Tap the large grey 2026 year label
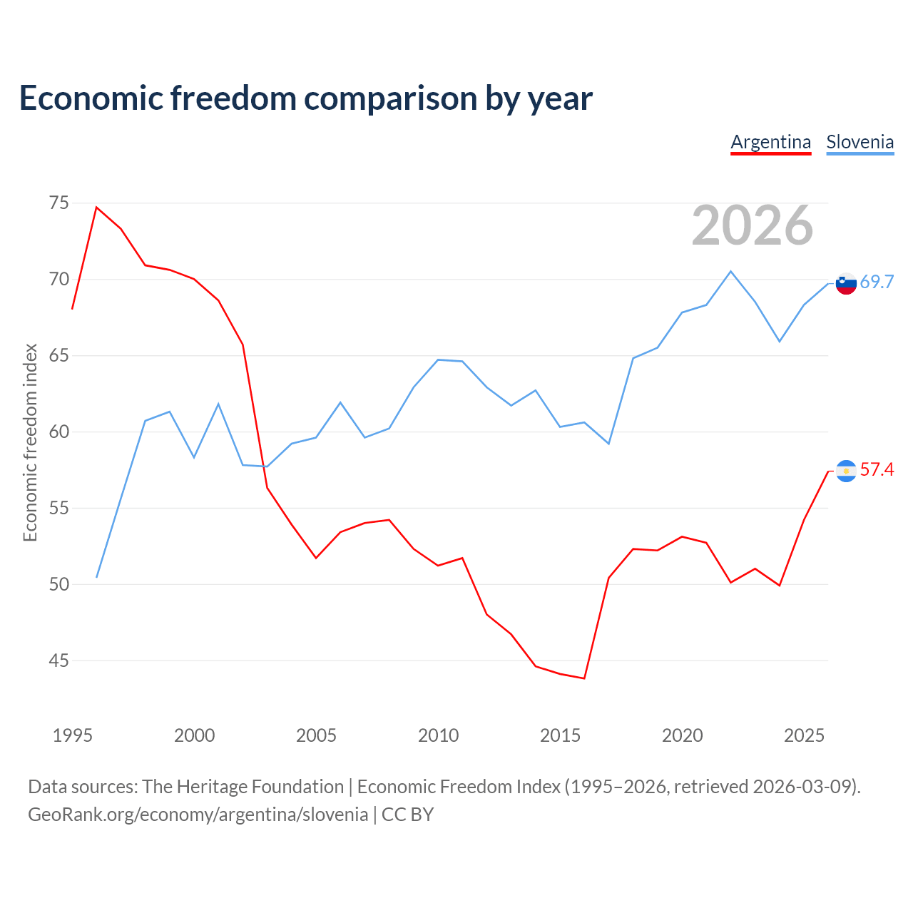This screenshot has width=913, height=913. point(753,225)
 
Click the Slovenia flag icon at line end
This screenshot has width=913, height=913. point(846,283)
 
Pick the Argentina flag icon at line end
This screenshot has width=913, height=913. point(846,471)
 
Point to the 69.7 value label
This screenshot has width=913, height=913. point(877,282)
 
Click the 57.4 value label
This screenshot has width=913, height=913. point(877,469)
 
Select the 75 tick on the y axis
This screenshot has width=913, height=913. point(58,203)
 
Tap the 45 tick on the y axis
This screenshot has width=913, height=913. point(58,660)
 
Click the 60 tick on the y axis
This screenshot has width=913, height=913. point(58,432)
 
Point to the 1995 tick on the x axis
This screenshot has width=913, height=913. point(73,736)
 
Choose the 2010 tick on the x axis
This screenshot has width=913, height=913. point(438,736)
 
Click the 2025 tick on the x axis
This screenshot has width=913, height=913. point(804,736)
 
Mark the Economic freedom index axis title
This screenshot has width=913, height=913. point(31,442)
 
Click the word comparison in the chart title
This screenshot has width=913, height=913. point(390,99)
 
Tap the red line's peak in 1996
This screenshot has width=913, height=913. point(97,207)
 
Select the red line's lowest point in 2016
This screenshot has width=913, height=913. point(584,678)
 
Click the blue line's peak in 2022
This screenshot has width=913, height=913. point(730,272)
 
